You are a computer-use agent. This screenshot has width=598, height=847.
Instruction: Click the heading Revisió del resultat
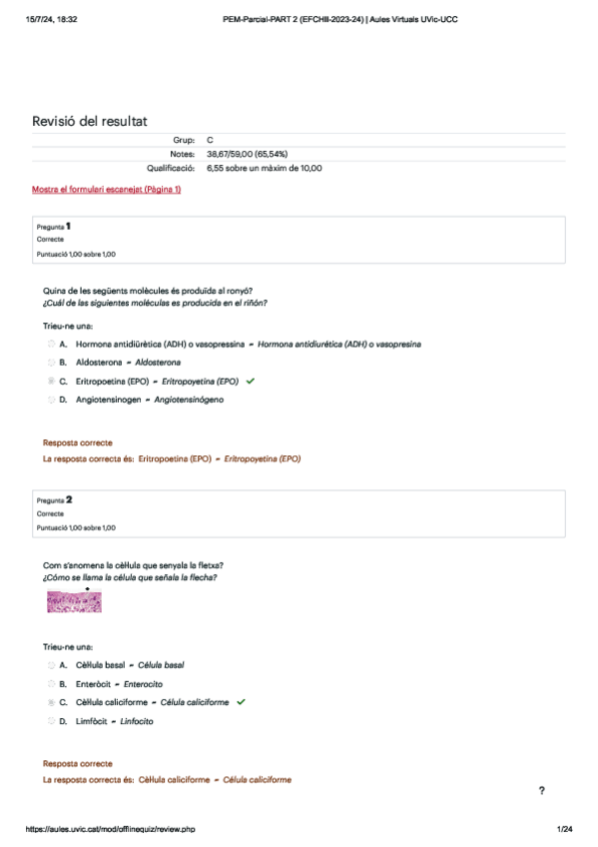click(x=90, y=121)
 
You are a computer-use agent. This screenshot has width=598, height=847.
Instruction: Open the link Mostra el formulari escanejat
click(x=107, y=189)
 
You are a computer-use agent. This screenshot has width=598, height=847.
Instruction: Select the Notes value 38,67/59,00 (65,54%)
click(x=247, y=154)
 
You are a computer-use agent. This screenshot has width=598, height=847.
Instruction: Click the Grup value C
click(x=210, y=141)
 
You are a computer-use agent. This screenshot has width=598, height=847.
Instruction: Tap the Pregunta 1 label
click(x=54, y=227)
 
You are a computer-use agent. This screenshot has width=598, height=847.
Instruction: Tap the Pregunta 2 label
click(x=54, y=499)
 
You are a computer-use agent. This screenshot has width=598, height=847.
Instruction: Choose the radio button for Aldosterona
click(x=51, y=363)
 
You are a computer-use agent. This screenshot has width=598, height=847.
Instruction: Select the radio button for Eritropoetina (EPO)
click(x=51, y=382)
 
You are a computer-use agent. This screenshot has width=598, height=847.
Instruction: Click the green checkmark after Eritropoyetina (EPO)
click(x=250, y=381)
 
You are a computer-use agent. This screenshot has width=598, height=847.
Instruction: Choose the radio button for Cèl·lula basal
click(x=51, y=664)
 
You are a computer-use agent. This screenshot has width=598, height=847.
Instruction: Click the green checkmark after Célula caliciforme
click(x=242, y=702)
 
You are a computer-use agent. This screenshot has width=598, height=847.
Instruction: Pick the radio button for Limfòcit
click(x=51, y=721)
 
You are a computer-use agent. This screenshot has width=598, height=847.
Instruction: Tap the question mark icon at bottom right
click(x=541, y=791)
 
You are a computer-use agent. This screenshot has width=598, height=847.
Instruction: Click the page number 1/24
click(x=564, y=829)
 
